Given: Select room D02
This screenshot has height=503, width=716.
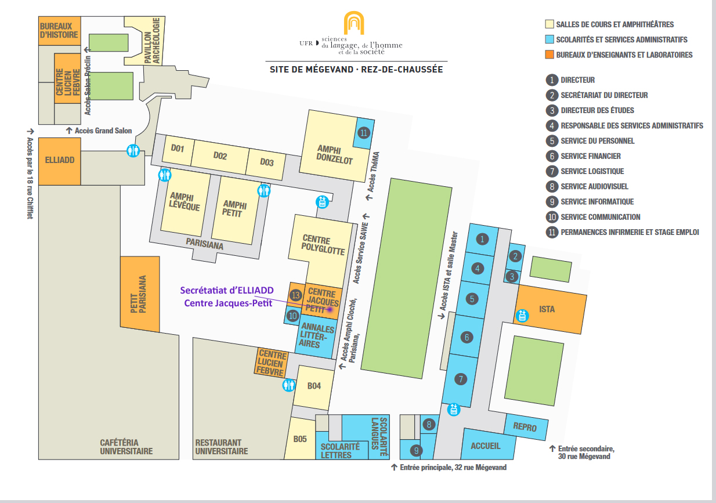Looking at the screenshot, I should point(219,155).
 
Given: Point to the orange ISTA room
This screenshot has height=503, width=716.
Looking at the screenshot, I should point(547,309).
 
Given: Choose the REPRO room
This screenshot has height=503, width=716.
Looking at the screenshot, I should point(525,428).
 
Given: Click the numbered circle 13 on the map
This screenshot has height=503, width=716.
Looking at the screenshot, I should point(296,295).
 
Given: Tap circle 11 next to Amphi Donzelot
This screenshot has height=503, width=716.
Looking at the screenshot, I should point(363,133).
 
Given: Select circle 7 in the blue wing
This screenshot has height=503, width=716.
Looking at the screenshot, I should point(461,379).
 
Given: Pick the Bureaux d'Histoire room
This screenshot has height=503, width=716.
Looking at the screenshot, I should point(59,30).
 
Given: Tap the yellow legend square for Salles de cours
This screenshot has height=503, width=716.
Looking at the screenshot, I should point(548,24).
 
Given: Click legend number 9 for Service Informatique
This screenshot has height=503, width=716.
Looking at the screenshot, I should point(552,201).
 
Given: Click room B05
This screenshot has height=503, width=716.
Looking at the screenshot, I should point(299,439).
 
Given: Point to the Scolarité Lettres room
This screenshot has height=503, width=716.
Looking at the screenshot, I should point(340,450).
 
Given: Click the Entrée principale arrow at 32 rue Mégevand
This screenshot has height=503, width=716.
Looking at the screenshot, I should point(394,466).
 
